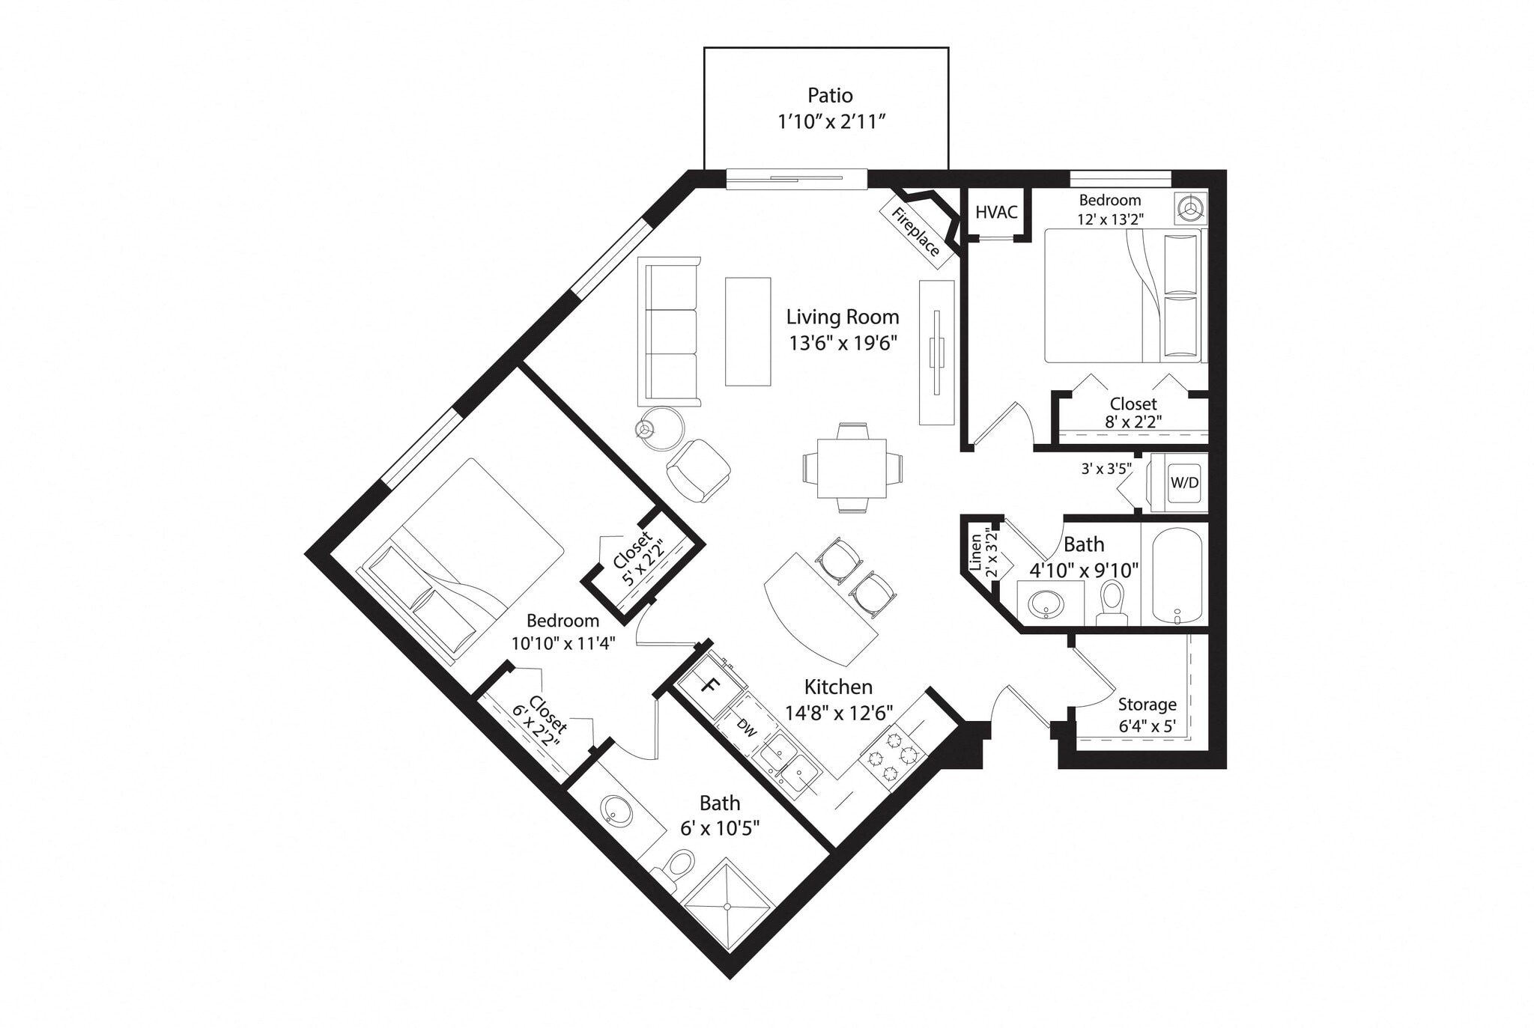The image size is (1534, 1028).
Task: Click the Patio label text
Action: (x=830, y=96)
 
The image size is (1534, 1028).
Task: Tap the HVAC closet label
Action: (x=996, y=212)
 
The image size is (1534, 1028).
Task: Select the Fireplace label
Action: (x=915, y=231)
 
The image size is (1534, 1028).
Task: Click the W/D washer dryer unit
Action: (x=1183, y=483)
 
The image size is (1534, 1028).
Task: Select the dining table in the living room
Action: (x=852, y=468)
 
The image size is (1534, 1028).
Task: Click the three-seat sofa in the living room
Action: (x=669, y=332)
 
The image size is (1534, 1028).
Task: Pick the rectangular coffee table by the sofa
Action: (x=748, y=332)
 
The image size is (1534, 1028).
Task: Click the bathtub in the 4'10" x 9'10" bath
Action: (x=1176, y=574)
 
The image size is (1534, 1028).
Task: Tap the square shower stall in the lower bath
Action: (x=727, y=905)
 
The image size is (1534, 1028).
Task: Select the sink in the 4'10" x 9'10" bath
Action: (x=1046, y=603)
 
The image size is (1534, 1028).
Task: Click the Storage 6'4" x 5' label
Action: (x=1147, y=715)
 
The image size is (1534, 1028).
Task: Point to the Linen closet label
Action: (x=976, y=552)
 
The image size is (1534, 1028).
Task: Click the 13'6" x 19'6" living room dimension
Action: (x=843, y=344)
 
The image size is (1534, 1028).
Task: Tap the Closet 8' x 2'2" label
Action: (x=1133, y=413)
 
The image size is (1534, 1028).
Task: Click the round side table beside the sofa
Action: (x=662, y=428)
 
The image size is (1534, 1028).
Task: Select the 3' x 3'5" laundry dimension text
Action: (x=1106, y=469)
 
